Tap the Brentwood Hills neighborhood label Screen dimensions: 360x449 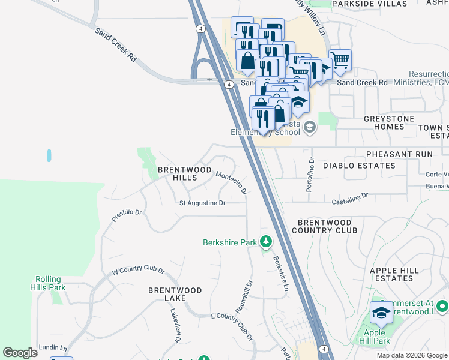[x=185, y=174]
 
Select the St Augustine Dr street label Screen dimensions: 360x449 [x=203, y=203]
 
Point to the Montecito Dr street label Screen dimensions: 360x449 [x=232, y=182]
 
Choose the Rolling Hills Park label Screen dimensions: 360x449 [x=50, y=283]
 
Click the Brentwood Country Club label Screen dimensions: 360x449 [x=324, y=226]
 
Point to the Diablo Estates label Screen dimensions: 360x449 [x=359, y=166]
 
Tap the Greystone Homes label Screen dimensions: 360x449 [x=389, y=123]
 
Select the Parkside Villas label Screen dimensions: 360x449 [x=361, y=4]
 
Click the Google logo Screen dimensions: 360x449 [x=20, y=353]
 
